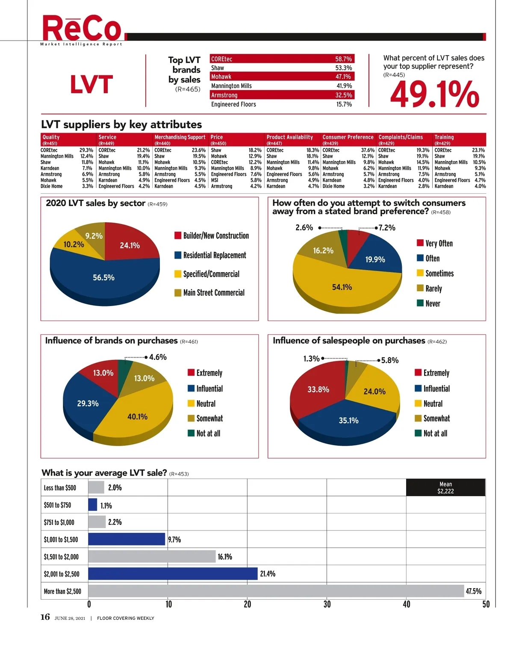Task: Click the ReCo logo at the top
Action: [82, 29]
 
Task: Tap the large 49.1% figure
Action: [434, 94]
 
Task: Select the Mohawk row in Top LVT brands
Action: [282, 77]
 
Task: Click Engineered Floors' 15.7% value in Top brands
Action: [344, 104]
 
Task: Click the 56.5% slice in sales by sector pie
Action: [104, 278]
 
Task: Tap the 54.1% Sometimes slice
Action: [342, 287]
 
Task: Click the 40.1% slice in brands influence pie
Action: [137, 417]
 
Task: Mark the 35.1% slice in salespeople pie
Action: [348, 421]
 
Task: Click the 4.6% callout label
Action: [158, 357]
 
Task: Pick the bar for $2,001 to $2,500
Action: [173, 574]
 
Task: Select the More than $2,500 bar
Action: [276, 591]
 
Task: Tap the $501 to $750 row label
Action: [57, 505]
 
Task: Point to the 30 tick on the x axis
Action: [327, 604]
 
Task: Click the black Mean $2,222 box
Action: [445, 488]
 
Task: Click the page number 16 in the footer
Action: [45, 617]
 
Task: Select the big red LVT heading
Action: [91, 84]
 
